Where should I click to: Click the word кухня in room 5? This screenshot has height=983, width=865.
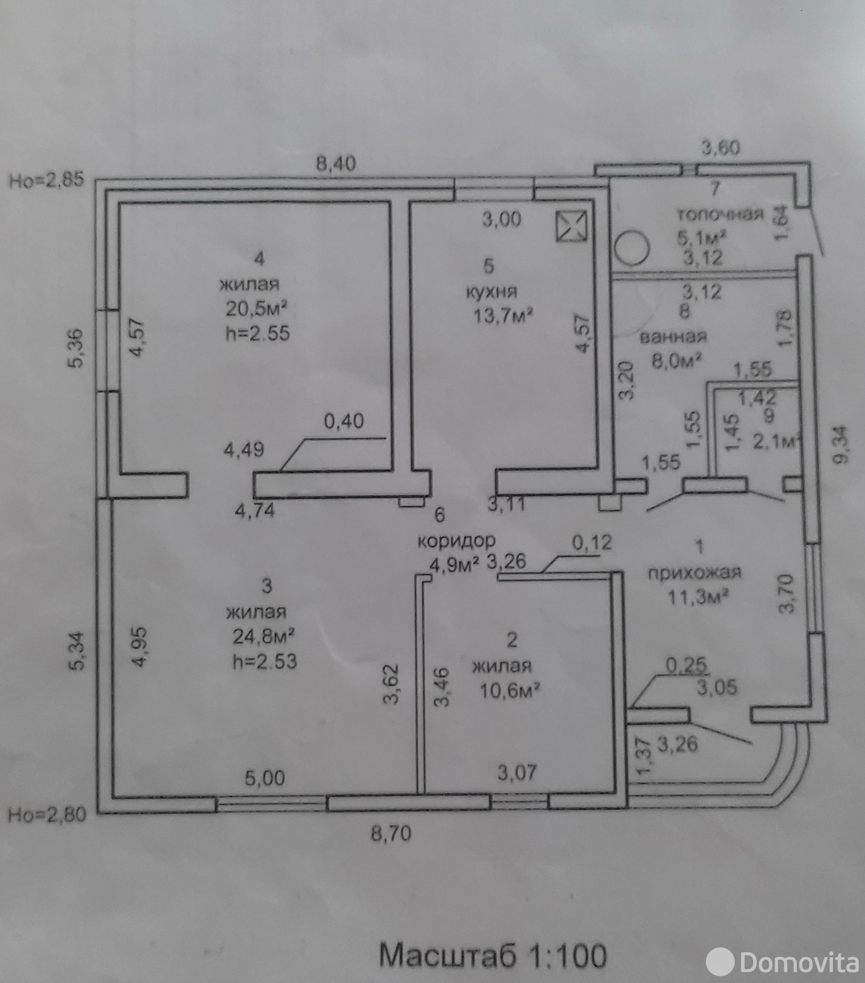(x=491, y=291)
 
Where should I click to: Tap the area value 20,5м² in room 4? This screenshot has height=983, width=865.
(x=257, y=308)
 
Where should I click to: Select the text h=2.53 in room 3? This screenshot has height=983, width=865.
(x=265, y=661)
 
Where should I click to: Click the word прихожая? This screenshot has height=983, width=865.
(x=694, y=573)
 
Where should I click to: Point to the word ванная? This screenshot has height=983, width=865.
(x=674, y=337)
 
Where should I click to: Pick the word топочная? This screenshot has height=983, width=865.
(x=719, y=214)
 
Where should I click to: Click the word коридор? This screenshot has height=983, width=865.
(x=456, y=541)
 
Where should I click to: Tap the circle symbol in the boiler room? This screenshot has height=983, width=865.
(x=632, y=248)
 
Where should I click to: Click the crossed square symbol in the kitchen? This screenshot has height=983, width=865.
(x=572, y=225)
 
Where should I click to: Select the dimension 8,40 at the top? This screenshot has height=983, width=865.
(x=336, y=164)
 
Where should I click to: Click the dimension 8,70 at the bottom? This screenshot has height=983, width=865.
(x=391, y=834)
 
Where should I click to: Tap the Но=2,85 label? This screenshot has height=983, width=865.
(x=46, y=181)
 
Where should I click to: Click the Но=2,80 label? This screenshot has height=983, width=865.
(x=47, y=815)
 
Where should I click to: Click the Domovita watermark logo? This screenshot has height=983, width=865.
(x=783, y=961)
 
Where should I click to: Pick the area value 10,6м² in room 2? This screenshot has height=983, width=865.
(x=509, y=691)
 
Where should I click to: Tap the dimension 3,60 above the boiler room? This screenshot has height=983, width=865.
(x=721, y=147)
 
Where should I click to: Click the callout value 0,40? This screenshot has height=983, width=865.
(x=343, y=421)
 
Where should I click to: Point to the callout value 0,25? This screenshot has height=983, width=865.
(x=687, y=665)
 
